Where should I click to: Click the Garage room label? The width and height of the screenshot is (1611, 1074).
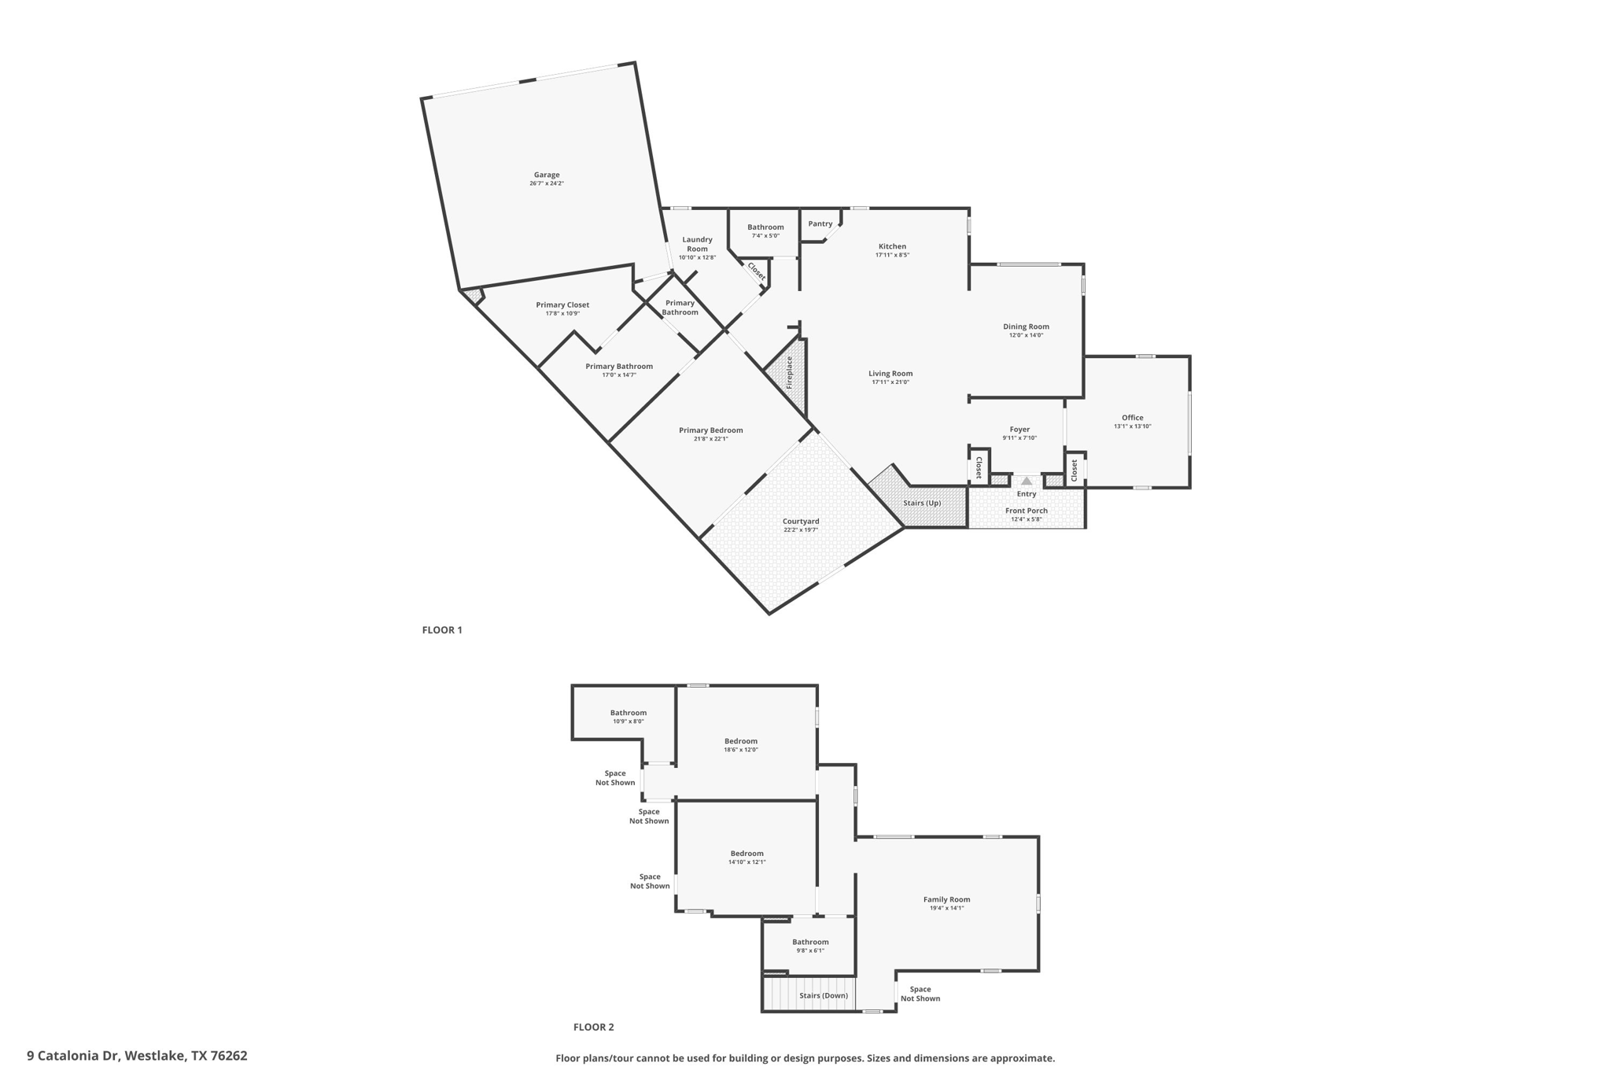pyautogui.click(x=547, y=175)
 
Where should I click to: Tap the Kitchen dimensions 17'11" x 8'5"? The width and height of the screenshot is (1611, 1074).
pyautogui.click(x=892, y=256)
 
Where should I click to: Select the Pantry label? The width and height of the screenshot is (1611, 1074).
pyautogui.click(x=820, y=224)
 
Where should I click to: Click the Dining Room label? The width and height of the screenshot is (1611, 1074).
pyautogui.click(x=1026, y=327)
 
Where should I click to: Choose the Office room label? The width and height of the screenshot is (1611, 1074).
pyautogui.click(x=1132, y=418)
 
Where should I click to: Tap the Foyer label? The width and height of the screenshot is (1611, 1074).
pyautogui.click(x=1019, y=430)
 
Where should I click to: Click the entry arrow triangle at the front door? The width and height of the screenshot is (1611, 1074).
pyautogui.click(x=1027, y=481)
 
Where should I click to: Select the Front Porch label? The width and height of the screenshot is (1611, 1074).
pyautogui.click(x=1026, y=511)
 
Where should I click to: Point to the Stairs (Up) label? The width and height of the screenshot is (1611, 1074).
pyautogui.click(x=922, y=504)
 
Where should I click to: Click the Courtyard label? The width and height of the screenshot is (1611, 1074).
pyautogui.click(x=801, y=522)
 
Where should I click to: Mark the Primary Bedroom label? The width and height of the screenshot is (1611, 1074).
pyautogui.click(x=710, y=430)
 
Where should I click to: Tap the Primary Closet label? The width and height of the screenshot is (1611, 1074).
pyautogui.click(x=562, y=305)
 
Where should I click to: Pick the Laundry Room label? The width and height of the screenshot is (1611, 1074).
pyautogui.click(x=697, y=244)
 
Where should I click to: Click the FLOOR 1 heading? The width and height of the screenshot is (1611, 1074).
pyautogui.click(x=442, y=630)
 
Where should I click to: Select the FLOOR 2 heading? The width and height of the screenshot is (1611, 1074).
pyautogui.click(x=593, y=1028)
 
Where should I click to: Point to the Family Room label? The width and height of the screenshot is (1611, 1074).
pyautogui.click(x=946, y=899)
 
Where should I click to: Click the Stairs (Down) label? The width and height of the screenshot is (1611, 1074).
pyautogui.click(x=824, y=996)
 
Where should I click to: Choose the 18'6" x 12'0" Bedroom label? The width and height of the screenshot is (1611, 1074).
pyautogui.click(x=740, y=741)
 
